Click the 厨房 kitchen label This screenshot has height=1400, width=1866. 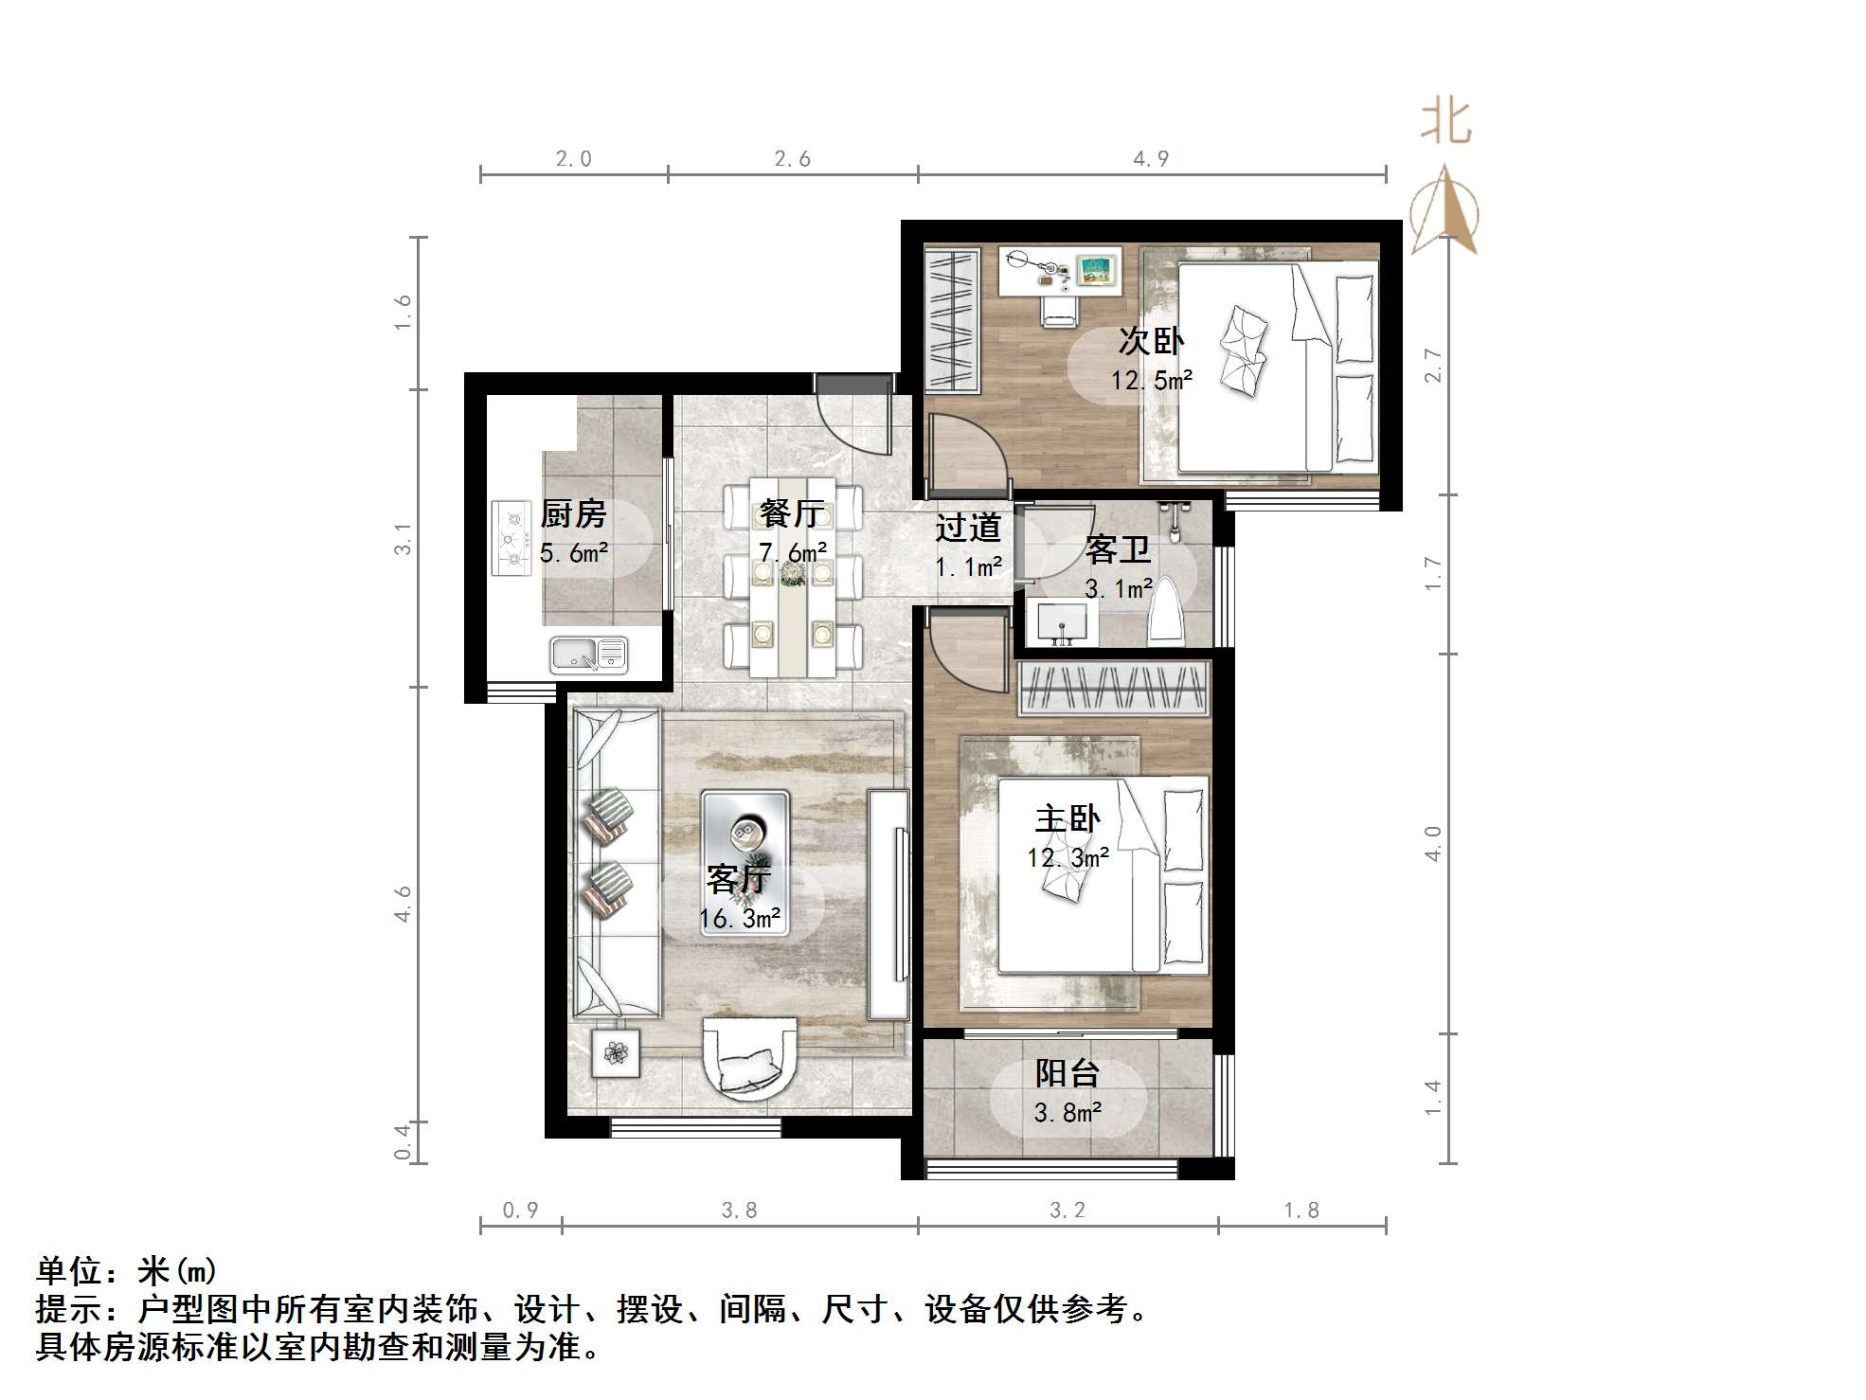[x=573, y=514]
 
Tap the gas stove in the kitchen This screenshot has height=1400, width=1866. [x=511, y=538]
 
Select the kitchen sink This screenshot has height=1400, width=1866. [x=588, y=655]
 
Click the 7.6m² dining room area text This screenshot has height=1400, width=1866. [x=793, y=551]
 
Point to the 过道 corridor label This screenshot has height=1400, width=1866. [x=968, y=528]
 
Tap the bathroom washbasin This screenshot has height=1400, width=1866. [x=1063, y=622]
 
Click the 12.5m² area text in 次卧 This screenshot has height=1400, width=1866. [x=1151, y=381]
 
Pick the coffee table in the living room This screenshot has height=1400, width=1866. [x=745, y=863]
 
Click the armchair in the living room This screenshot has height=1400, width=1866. [x=749, y=1055]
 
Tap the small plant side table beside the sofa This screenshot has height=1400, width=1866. [x=616, y=1052]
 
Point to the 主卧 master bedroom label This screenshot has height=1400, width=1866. [x=1068, y=818]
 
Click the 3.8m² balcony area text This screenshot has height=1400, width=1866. [x=1068, y=1112]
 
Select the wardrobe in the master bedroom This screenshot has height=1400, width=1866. [x=1114, y=689]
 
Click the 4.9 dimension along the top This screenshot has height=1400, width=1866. [x=1151, y=159]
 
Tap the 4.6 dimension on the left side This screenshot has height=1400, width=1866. [x=404, y=904]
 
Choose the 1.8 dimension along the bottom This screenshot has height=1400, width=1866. [x=1301, y=1210]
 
